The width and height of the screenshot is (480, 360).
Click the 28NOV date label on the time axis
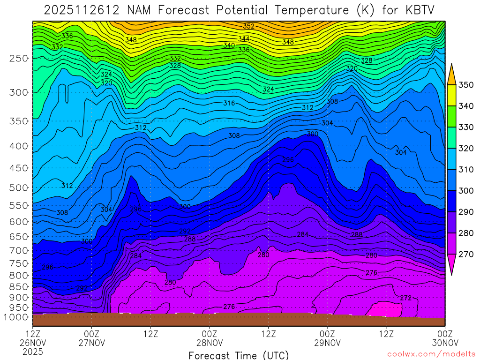[209, 343]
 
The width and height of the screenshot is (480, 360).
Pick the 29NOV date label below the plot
[327, 343]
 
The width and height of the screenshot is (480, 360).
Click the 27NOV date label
[91, 343]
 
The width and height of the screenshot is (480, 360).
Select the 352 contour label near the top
[249, 26]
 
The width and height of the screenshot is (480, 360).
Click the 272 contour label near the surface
[406, 298]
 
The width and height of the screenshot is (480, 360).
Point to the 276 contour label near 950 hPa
[229, 307]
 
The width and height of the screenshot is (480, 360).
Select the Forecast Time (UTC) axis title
[239, 355]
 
